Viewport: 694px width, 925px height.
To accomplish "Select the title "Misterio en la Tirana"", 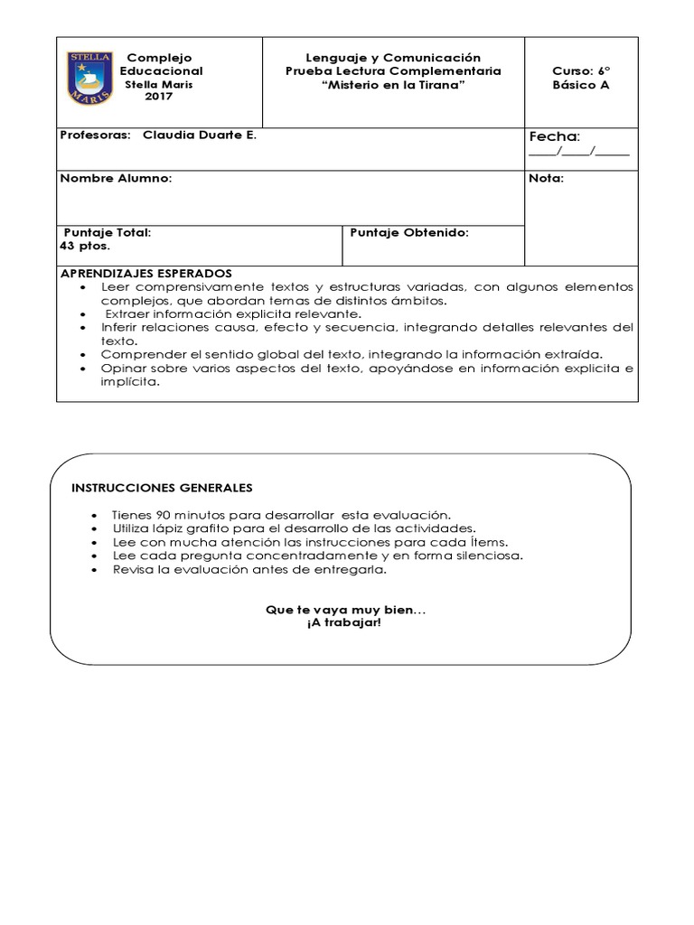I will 393,84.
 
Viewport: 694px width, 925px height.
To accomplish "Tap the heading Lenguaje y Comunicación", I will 393,57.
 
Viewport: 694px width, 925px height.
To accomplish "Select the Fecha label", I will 554,136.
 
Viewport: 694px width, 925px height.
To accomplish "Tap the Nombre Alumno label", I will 115,179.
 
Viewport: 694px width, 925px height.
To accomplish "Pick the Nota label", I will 546,179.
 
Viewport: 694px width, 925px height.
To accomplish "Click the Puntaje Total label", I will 107,232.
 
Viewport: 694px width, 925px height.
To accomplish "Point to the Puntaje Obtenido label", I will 408,232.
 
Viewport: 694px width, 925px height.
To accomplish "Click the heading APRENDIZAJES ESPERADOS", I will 145,273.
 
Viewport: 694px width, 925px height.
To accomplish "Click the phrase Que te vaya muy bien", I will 344,612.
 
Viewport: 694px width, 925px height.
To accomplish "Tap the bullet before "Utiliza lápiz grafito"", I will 96,528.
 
